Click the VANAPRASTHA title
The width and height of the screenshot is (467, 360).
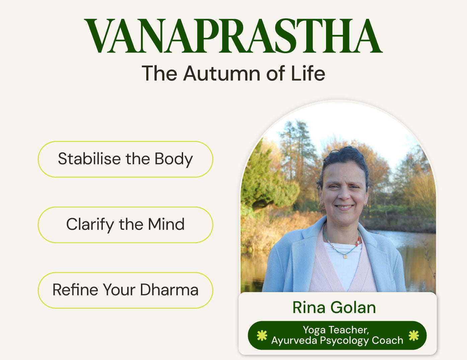tap(233, 37)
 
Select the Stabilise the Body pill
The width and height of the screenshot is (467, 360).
tap(125, 159)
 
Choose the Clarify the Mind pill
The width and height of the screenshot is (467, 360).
tap(125, 225)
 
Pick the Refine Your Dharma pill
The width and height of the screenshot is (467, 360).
tap(125, 290)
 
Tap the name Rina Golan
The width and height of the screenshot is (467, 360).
tap(334, 307)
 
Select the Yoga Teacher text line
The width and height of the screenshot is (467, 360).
tap(336, 330)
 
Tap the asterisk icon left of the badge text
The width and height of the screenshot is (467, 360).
tap(262, 335)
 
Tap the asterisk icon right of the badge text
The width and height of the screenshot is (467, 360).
tap(414, 335)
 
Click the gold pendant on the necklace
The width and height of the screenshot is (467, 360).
tap(345, 257)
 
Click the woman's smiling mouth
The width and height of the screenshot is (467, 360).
tap(344, 207)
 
